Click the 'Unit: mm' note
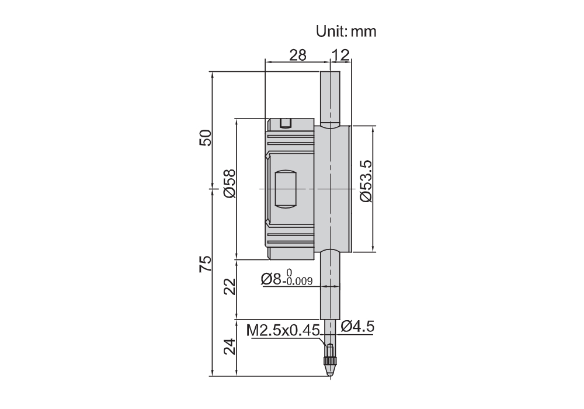pos(346,32)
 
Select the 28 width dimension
pos(298,55)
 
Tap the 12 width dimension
pos(341,55)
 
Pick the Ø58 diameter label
pos(230,183)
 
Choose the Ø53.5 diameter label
pos(366,181)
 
